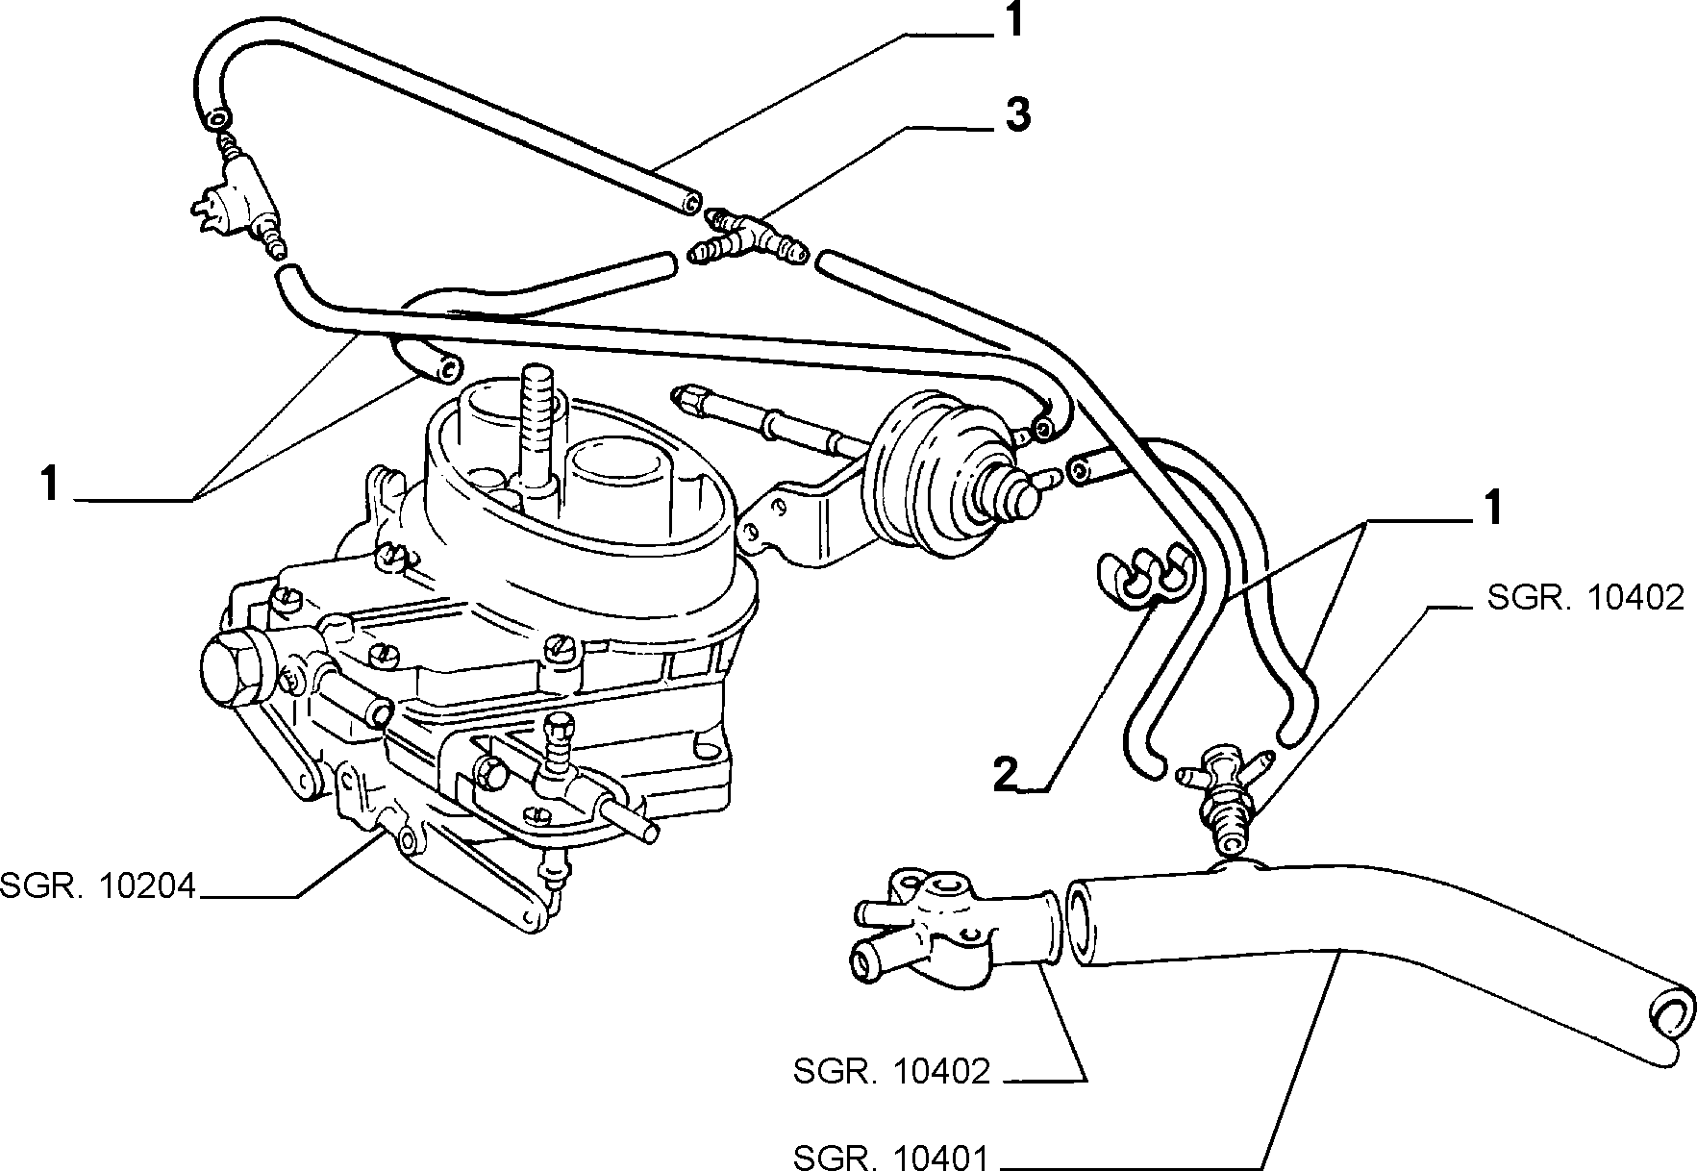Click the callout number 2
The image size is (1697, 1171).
[1005, 774]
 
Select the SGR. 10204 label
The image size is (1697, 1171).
[97, 884]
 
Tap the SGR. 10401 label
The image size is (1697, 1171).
[892, 1157]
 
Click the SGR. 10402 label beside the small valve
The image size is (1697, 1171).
[1585, 598]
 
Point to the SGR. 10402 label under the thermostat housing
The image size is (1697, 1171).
[892, 1071]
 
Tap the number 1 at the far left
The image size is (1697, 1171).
[50, 483]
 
